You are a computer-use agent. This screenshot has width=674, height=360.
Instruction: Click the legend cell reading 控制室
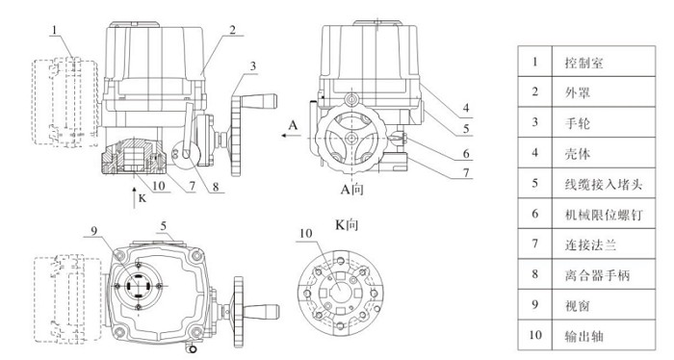tap(583, 63)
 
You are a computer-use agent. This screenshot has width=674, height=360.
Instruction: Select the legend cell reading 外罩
tap(578, 92)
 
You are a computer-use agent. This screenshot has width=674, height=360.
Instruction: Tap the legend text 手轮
tap(578, 123)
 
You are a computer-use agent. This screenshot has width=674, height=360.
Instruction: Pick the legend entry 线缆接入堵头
tap(604, 184)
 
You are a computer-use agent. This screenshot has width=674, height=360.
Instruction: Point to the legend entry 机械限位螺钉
tap(604, 215)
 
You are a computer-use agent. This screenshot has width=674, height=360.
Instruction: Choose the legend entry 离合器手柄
tap(597, 275)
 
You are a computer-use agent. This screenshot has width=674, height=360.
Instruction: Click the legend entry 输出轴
tap(583, 336)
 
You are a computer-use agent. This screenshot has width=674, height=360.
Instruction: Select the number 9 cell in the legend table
tap(534, 304)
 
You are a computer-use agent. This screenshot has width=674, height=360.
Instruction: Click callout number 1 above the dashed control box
tap(55, 30)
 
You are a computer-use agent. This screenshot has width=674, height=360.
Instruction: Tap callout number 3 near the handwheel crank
tap(252, 66)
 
